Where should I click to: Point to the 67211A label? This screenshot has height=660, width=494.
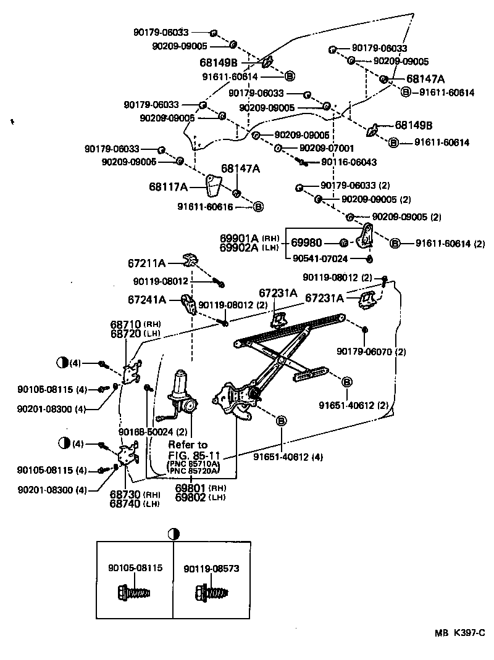pos(147,263)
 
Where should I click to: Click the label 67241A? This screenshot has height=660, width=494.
pos(147,300)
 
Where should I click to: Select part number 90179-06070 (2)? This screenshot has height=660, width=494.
pos(371,352)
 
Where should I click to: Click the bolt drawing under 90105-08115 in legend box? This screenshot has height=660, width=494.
pos(133,594)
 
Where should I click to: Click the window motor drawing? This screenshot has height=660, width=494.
pos(183,394)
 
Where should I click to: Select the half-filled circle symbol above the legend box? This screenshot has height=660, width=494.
pos(173,534)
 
